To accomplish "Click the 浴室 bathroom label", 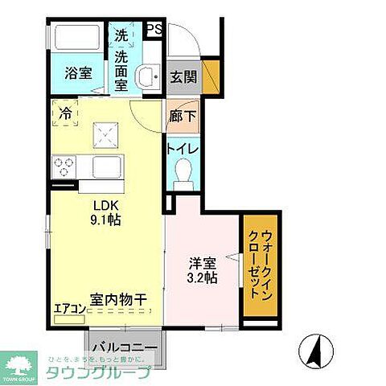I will (78, 72).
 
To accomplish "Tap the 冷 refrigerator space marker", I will (64, 113).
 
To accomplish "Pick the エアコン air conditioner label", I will (69, 306).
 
